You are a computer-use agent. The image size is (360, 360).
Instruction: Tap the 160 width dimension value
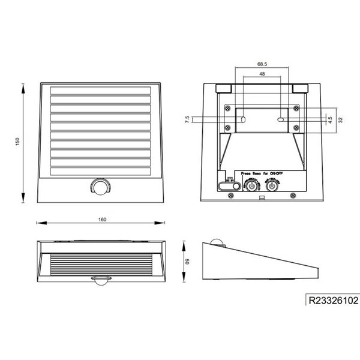coord(102,220)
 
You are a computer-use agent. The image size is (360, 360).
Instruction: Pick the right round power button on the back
coord(272,185)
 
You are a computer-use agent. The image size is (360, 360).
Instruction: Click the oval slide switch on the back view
coord(226,187)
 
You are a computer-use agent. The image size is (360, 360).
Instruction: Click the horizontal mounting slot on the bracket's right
coord(281,121)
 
